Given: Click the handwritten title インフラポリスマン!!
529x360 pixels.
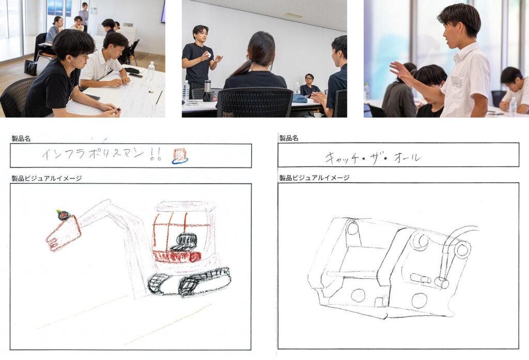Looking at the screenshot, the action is click(102, 154).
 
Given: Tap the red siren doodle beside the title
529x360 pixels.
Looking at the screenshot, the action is click(180, 156).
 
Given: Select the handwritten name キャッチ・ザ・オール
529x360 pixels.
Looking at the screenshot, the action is click(373, 158).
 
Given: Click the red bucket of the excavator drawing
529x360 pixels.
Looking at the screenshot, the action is click(64, 233).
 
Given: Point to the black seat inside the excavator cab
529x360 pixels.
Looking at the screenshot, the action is click(184, 242).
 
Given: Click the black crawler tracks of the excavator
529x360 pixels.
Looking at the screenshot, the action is click(189, 281).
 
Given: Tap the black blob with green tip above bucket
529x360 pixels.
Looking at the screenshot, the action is click(64, 215).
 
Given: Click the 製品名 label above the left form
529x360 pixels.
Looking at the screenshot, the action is click(21, 138).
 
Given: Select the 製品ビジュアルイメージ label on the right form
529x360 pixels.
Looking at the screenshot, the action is click(315, 178).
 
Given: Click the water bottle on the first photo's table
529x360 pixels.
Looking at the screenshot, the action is click(150, 71).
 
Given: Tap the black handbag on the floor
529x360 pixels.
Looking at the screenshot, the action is click(30, 68).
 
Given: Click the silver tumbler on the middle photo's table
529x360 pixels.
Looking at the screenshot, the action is click(208, 86).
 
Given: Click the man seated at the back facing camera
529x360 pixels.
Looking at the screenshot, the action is click(309, 85).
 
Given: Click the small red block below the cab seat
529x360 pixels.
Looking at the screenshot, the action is click(195, 257).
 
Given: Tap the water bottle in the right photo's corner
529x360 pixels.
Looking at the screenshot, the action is click(513, 106).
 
